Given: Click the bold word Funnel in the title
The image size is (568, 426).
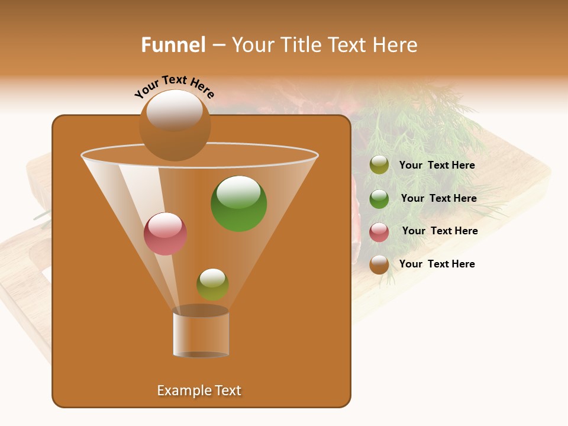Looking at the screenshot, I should [173, 45].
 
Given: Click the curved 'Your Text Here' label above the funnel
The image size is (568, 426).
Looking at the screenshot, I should [175, 86].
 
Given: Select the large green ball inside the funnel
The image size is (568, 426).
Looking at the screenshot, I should [238, 204].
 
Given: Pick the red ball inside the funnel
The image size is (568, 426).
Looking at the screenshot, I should [165, 234].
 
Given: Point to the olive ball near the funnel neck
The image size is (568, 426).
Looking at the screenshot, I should [212, 284].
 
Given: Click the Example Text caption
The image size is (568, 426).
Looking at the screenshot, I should [199, 390].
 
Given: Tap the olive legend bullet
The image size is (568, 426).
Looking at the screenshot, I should [379, 165].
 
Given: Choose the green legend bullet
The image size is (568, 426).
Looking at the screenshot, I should [379, 198].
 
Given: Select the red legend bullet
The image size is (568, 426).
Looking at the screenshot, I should [379, 231].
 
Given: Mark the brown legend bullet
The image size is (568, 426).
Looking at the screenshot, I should [379, 264].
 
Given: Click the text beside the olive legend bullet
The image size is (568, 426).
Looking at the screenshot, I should [437, 166].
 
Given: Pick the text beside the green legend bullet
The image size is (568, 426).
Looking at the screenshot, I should [438, 199].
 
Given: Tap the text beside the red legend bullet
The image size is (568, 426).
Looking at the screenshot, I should [440, 231].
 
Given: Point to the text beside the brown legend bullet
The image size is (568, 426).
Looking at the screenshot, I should [437, 264].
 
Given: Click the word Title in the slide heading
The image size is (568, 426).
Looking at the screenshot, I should [300, 45].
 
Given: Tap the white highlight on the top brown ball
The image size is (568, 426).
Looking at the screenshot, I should [174, 110].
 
